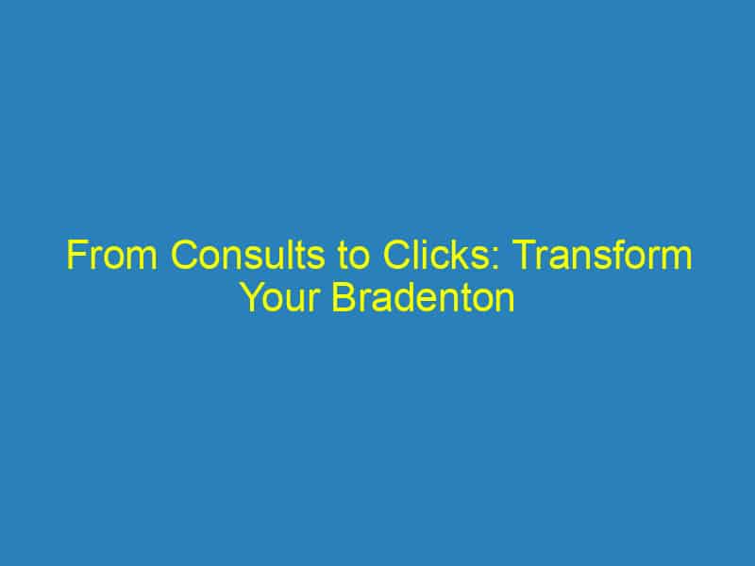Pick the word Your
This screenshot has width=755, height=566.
[x=280, y=299]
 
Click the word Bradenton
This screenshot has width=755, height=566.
[x=424, y=299]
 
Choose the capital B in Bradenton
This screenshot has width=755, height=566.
[x=345, y=299]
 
